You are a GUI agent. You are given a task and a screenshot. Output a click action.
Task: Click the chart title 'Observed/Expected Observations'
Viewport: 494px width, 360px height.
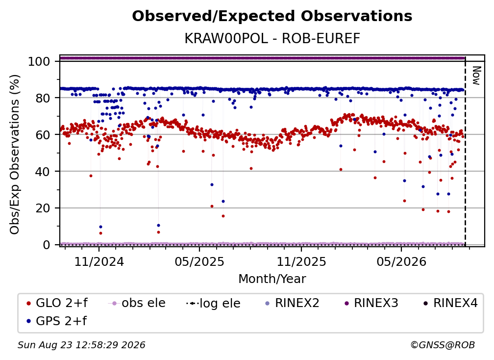click(x=272, y=16)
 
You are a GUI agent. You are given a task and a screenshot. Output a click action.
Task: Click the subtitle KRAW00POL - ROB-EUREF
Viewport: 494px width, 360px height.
click(x=272, y=39)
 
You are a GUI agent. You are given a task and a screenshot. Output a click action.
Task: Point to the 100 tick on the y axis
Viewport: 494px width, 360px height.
click(x=39, y=61)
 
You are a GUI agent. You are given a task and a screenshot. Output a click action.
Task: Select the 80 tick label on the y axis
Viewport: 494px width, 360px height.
click(x=43, y=98)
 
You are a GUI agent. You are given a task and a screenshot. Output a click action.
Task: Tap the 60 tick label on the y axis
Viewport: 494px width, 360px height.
click(x=43, y=135)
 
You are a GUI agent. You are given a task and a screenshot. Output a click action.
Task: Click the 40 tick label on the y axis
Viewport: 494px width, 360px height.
click(x=43, y=172)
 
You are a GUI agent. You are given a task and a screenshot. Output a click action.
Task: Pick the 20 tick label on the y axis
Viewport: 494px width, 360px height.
click(x=43, y=208)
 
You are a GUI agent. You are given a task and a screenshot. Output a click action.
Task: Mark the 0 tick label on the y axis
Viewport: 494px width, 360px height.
click(x=47, y=245)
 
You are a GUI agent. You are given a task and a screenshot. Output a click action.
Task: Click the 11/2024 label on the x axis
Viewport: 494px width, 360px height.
click(x=99, y=261)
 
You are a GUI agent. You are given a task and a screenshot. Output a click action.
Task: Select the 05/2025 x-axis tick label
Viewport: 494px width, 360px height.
click(x=199, y=261)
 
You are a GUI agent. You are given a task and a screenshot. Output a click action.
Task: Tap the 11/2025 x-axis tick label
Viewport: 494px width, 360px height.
click(x=301, y=261)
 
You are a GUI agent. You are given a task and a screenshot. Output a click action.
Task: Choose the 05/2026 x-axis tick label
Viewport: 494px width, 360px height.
click(x=401, y=261)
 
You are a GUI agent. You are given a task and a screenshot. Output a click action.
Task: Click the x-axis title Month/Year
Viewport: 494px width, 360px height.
click(x=272, y=279)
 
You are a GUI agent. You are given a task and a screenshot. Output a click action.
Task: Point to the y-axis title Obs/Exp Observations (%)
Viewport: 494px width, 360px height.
click(x=15, y=154)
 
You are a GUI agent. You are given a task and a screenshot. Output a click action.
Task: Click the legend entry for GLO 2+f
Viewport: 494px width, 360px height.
click(x=57, y=303)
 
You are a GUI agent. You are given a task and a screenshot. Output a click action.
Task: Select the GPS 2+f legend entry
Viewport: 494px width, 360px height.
click(x=57, y=321)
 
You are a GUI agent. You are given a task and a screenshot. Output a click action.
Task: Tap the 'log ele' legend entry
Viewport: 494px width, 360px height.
click(x=213, y=303)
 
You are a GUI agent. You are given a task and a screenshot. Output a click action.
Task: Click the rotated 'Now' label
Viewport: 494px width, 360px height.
click(x=476, y=76)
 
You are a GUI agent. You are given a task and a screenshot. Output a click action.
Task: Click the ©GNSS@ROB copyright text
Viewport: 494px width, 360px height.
click(x=443, y=345)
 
